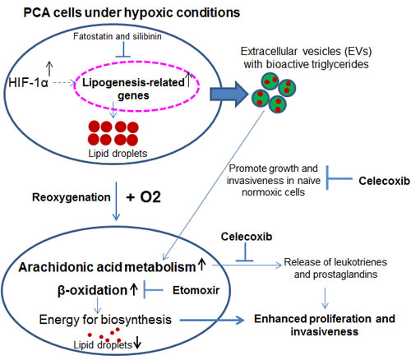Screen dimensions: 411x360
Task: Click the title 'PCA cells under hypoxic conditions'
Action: (x=132, y=13)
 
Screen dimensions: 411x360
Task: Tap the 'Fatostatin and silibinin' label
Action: (x=118, y=36)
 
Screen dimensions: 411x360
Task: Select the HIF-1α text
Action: (x=28, y=83)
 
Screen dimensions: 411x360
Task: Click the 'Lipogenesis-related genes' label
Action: (x=133, y=89)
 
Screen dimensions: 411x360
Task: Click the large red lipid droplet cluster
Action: (x=113, y=133)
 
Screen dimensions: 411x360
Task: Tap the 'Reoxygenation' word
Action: (x=72, y=197)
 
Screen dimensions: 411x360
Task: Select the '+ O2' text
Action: (x=144, y=197)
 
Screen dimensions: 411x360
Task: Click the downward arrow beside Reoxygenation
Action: (x=116, y=201)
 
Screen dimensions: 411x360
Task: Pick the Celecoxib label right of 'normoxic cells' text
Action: (x=385, y=181)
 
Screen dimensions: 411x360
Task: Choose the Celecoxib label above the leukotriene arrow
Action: (x=247, y=237)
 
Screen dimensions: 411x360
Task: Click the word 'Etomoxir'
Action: (x=196, y=290)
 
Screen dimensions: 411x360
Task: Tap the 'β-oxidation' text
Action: (x=92, y=290)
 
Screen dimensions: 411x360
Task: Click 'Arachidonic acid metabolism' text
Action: (x=107, y=267)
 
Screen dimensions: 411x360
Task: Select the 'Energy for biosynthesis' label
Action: (x=105, y=320)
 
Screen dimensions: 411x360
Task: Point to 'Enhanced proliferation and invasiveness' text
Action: (x=325, y=325)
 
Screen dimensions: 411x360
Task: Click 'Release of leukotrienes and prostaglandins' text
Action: (x=335, y=268)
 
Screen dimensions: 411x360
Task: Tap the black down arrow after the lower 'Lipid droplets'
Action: (x=137, y=344)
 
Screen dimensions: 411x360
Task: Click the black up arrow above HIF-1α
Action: (x=49, y=68)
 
